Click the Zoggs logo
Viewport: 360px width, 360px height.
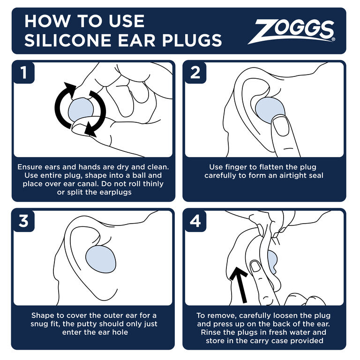pyautogui.click(x=294, y=31)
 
